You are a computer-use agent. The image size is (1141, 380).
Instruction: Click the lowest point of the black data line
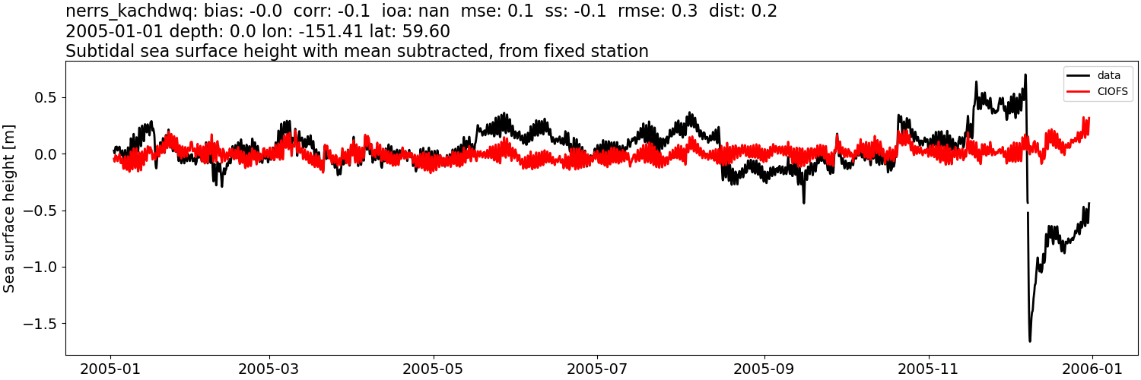1030,340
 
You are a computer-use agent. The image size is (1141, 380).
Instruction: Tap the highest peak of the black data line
1025,74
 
